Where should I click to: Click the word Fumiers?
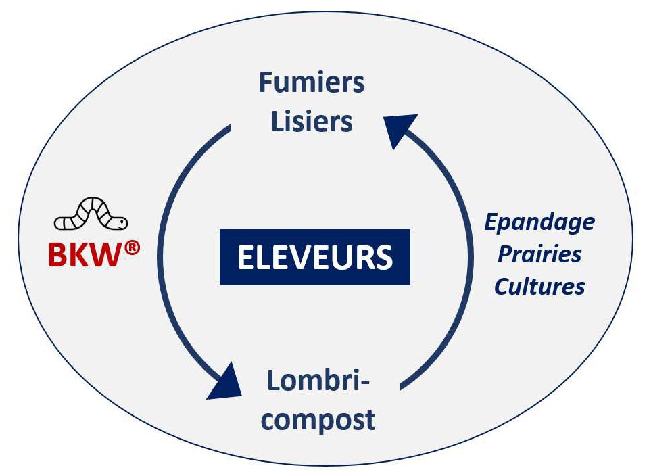(312, 82)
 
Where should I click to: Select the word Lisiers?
(312, 121)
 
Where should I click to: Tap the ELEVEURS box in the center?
(315, 257)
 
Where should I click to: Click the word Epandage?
(539, 223)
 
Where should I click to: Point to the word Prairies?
(539, 254)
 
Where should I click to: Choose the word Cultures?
(539, 286)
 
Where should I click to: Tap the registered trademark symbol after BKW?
(132, 248)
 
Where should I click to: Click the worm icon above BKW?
(91, 214)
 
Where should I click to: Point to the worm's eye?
(121, 222)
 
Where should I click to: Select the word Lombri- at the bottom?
(318, 381)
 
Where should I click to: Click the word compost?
(318, 420)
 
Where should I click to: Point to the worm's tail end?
(57, 224)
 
